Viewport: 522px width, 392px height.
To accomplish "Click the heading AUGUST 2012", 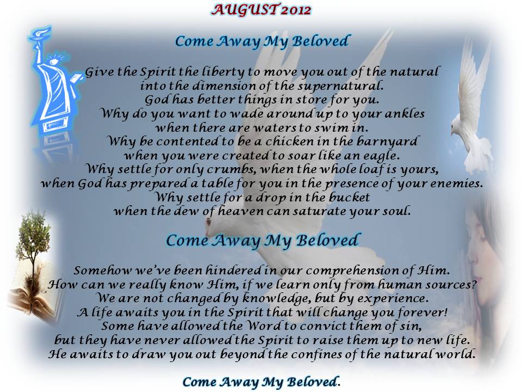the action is pos(261,10).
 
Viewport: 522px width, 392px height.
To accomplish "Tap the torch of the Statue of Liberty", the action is pos(41,34).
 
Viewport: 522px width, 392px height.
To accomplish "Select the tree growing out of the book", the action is pos(33,253).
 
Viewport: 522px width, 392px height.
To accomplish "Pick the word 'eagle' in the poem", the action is pos(380,156).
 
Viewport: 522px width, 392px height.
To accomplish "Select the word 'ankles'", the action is pos(405,114).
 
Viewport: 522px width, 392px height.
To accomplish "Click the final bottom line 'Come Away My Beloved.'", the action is pos(262,382).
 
